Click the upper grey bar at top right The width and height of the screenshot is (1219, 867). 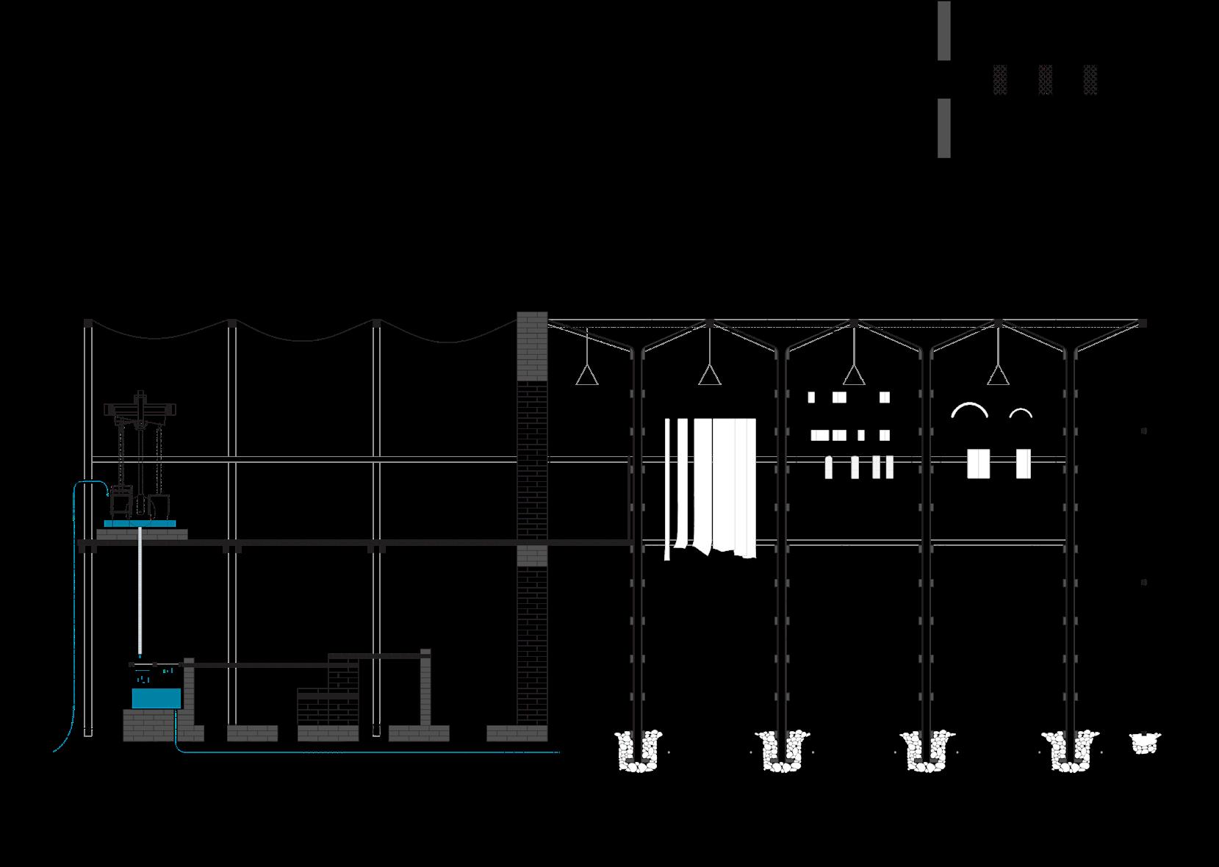(943, 30)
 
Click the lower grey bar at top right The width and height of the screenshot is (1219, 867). (943, 128)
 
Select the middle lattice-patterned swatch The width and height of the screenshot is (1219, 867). (1045, 79)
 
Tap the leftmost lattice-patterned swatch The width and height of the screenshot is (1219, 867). (999, 79)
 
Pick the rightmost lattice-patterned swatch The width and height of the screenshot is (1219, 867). (1090, 79)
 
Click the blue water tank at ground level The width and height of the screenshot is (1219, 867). (156, 698)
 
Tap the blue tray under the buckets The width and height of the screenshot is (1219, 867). (140, 524)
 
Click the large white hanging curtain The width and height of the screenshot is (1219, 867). (724, 485)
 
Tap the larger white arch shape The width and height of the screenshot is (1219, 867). (969, 410)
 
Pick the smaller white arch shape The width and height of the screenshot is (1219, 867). (1021, 414)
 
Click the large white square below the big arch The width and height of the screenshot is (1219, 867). (978, 464)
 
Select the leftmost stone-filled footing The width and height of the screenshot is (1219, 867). (638, 752)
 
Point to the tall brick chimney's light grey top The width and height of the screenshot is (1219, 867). (532, 345)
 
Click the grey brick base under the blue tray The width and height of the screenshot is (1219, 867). (142, 534)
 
